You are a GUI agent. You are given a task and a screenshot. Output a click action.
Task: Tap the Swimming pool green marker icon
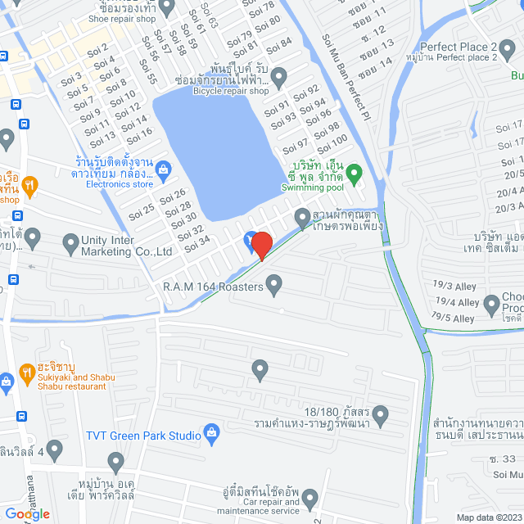click(354, 173)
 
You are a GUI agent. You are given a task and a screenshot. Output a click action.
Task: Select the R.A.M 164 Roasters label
click(212, 287)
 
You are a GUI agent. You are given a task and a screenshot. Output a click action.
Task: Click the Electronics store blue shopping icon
click(162, 170)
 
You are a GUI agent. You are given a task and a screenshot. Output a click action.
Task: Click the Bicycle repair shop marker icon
click(278, 78)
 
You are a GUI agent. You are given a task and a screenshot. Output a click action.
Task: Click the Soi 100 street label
click(337, 145)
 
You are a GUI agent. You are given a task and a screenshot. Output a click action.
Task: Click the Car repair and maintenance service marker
click(309, 496)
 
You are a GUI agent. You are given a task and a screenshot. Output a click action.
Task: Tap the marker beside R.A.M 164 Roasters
click(274, 285)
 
